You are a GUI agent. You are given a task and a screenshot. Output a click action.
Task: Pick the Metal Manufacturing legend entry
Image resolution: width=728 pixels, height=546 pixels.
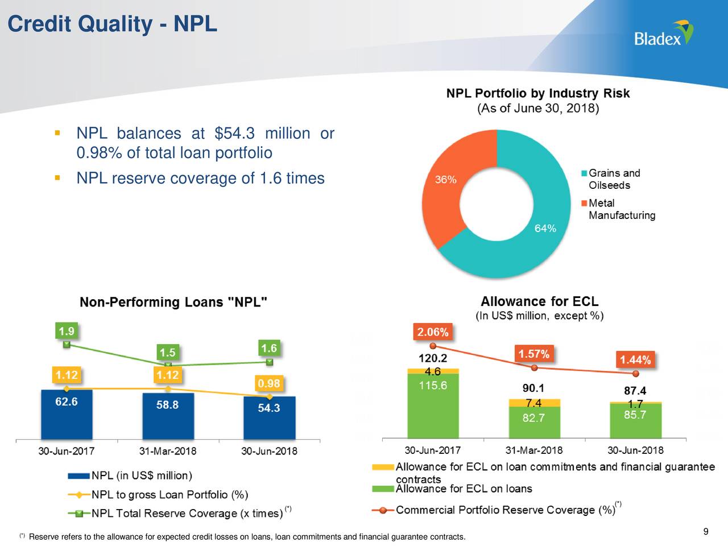tap(621, 209)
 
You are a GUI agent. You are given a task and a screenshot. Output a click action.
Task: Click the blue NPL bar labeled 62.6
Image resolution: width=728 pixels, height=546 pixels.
tap(67, 413)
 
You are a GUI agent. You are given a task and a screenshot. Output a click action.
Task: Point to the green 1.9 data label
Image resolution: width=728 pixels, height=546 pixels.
tap(67, 331)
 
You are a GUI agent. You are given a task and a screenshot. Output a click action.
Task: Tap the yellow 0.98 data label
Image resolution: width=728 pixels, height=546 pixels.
tap(268, 383)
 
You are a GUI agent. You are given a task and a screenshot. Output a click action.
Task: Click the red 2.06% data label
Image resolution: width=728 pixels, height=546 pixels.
tap(433, 332)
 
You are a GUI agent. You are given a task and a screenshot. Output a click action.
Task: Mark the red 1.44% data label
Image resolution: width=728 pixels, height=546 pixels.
tap(635, 360)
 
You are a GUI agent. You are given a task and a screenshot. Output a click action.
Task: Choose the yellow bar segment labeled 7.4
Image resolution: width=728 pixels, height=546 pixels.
tap(534, 403)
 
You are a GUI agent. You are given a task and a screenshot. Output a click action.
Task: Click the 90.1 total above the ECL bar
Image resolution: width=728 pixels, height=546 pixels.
tap(533, 388)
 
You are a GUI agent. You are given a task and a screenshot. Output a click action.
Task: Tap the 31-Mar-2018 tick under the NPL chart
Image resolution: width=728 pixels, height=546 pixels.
tap(168, 452)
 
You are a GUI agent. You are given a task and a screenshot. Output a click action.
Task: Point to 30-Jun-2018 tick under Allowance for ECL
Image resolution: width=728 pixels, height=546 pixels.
tap(635, 450)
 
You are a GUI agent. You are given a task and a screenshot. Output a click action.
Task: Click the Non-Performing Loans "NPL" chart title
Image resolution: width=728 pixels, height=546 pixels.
tap(173, 303)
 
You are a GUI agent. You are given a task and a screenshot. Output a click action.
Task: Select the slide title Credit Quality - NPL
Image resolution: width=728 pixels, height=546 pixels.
tap(112, 24)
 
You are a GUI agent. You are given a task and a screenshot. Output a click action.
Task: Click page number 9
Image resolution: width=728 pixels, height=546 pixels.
tap(705, 532)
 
